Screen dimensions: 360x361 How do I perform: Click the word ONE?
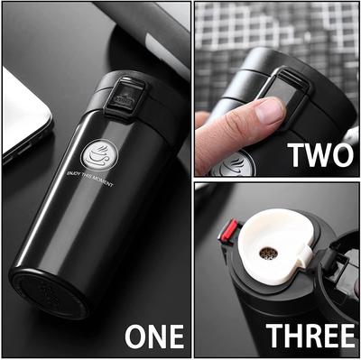(x=153, y=335)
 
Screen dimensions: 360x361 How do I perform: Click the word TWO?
(x=319, y=154)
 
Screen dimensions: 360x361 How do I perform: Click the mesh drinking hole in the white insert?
(x=268, y=253)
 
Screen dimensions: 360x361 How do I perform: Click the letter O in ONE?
(x=136, y=335)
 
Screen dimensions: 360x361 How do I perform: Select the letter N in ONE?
(x=155, y=335)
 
